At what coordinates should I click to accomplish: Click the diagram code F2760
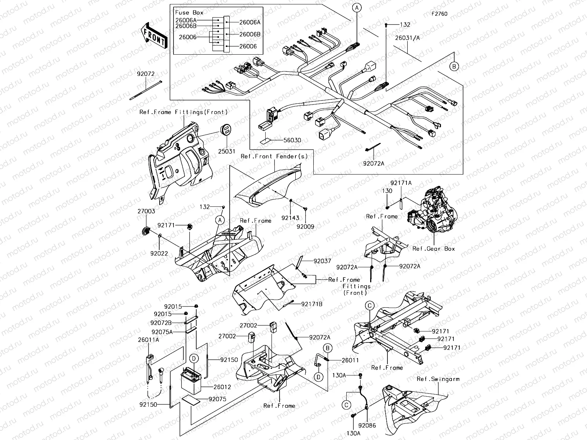(439, 14)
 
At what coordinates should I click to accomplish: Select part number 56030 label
(292, 140)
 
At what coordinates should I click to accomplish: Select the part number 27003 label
(146, 211)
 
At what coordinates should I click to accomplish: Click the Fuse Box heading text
(189, 12)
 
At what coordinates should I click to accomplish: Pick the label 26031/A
(408, 37)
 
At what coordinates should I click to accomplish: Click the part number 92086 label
(367, 426)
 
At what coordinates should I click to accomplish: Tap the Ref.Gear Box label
(433, 249)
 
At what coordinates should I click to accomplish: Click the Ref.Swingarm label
(438, 379)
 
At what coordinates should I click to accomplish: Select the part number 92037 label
(322, 261)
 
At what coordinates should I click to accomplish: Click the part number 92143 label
(290, 218)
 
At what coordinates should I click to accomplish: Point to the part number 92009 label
(306, 227)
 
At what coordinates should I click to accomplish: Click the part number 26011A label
(149, 340)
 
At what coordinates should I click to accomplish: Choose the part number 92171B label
(312, 304)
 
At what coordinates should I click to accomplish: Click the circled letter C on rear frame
(370, 305)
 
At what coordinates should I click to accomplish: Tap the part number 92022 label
(159, 253)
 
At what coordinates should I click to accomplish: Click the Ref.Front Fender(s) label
(274, 156)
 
